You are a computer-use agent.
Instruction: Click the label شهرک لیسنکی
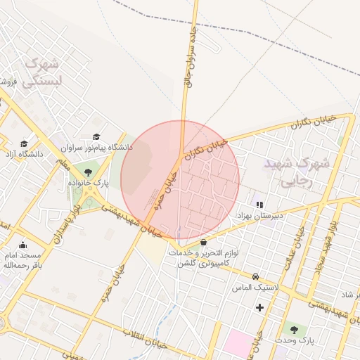42,72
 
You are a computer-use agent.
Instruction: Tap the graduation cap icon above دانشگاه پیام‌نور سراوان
96,137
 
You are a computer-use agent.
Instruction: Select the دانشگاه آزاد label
25,153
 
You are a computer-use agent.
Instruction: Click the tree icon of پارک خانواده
88,172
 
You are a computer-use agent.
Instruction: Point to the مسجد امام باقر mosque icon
23,245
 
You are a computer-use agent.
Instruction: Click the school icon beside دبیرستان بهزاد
259,205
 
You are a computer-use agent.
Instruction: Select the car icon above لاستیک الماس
256,277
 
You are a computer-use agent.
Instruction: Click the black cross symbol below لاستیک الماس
260,307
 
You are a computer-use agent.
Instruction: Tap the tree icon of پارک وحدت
294,329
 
